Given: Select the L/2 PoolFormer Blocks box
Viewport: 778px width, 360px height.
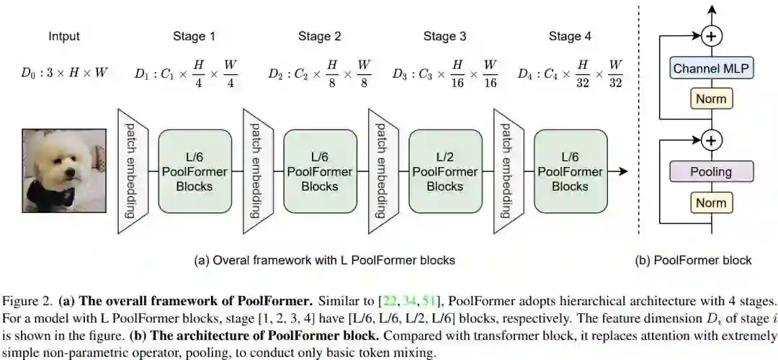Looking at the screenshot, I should click(x=444, y=171).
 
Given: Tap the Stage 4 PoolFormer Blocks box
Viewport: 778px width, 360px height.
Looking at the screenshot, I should click(x=570, y=171).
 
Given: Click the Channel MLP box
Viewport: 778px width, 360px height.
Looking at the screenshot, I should click(x=712, y=69).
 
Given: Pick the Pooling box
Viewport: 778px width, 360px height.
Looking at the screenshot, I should click(x=711, y=171).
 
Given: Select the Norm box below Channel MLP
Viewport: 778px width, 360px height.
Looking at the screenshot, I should click(x=711, y=98).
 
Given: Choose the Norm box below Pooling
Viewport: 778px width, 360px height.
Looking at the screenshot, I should click(x=711, y=202).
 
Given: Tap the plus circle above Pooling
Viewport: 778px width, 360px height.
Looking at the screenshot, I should click(x=712, y=140).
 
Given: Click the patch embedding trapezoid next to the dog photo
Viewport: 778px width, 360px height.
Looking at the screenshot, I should click(x=132, y=171).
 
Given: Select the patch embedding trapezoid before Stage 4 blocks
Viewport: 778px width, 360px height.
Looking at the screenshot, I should click(x=508, y=171).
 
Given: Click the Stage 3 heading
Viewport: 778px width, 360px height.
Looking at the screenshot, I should click(x=444, y=36).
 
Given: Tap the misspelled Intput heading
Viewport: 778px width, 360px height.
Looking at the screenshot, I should click(x=64, y=36).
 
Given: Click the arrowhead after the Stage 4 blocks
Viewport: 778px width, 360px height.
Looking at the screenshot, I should click(x=624, y=171).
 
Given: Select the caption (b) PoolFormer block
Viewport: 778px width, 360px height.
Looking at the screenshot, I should click(x=693, y=260).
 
